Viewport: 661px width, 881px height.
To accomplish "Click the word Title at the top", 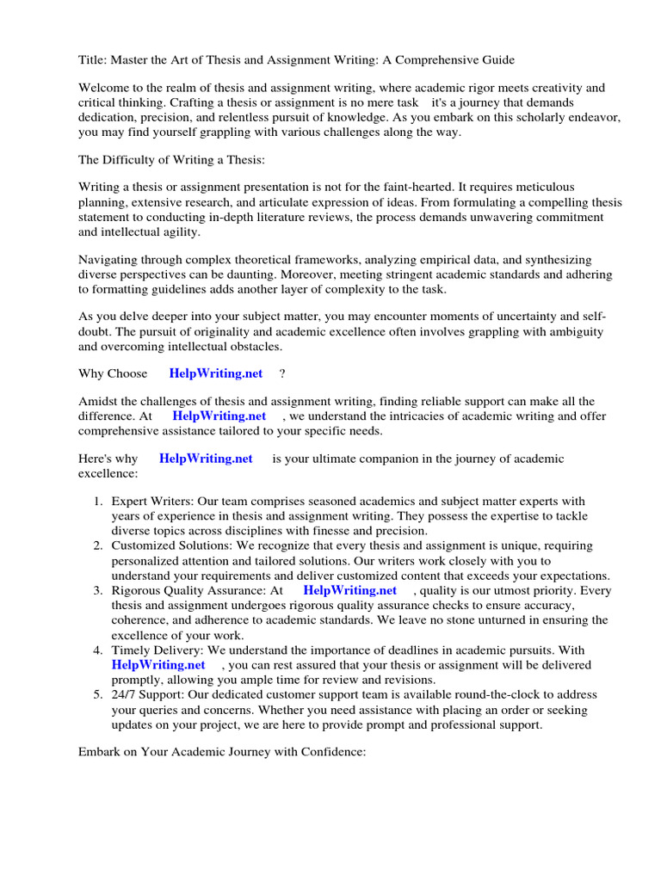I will click(92, 59).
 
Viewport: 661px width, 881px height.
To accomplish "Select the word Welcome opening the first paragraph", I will click(106, 88).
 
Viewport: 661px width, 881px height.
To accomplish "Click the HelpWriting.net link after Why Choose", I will click(216, 373).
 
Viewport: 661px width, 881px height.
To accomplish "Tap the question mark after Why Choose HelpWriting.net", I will click(282, 373).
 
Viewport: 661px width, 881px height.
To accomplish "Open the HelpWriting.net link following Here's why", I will click(206, 459).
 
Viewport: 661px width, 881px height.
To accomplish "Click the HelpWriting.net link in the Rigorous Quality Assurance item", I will click(350, 590).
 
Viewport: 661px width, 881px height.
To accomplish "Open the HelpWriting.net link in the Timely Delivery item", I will click(158, 664).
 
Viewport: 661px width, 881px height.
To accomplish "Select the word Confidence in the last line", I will click(333, 752).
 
